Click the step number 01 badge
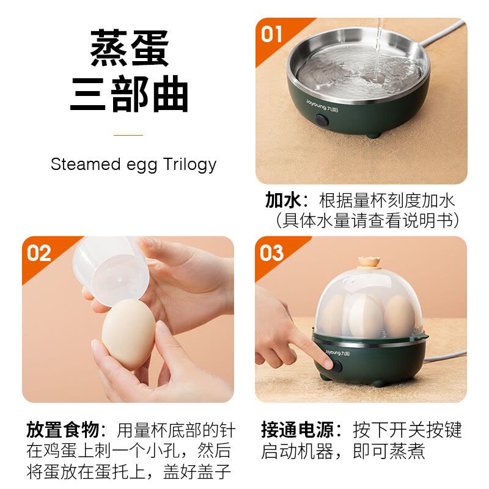coord(271,34)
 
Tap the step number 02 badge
coord(39,253)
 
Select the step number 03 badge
coord(271,253)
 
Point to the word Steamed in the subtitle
coord(86,164)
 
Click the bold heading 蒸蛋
coord(130,48)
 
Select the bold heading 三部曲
coord(129,94)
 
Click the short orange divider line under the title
coord(128,135)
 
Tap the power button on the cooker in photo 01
coord(322,120)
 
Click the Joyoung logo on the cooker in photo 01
coord(322,105)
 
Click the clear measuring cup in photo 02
coord(110,270)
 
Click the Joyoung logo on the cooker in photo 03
coord(337,353)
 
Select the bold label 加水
coord(283,200)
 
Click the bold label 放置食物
coord(63,430)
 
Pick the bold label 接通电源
coord(298,430)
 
